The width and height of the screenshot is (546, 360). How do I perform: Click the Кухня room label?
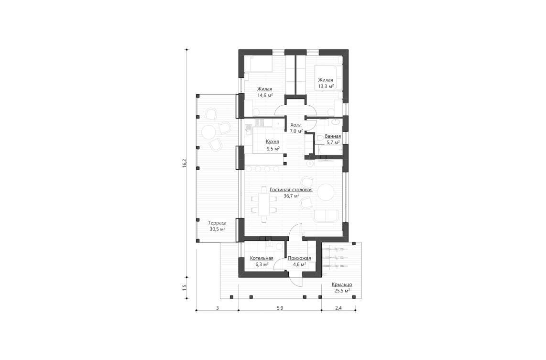[273, 142]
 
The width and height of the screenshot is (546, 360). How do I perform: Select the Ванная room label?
[332, 136]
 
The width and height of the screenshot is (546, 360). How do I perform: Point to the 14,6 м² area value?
[265, 95]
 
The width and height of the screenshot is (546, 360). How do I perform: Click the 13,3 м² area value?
[326, 87]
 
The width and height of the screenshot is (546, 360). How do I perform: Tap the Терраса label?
[217, 223]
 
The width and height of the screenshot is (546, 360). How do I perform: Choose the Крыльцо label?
[342, 284]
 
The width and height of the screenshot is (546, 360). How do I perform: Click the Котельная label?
[262, 258]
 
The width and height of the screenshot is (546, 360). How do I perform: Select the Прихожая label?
[299, 258]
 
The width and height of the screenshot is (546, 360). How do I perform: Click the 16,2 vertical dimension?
[184, 163]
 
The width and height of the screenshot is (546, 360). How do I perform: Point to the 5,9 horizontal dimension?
[280, 308]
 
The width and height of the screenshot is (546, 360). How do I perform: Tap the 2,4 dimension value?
[338, 308]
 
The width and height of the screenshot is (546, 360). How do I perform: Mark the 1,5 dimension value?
[184, 289]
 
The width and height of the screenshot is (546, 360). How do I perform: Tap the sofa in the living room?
[326, 216]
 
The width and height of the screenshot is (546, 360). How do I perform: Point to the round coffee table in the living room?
[326, 192]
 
